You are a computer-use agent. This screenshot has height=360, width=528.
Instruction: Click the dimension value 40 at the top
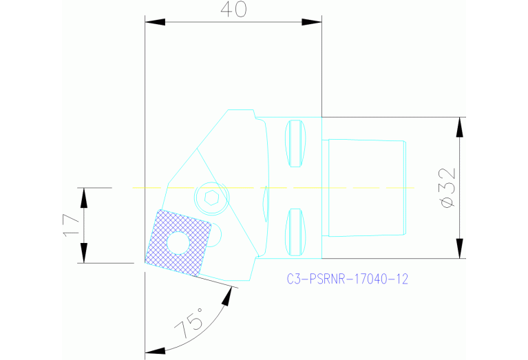(233, 10)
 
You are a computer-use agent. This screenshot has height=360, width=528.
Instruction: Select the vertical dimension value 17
(70, 224)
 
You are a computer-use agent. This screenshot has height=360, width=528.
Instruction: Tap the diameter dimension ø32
(447, 187)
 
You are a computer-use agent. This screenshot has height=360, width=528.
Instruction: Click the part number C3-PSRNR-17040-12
(348, 279)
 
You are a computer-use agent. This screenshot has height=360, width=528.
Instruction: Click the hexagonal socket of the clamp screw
(211, 198)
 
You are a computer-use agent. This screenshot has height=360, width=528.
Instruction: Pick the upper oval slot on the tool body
(295, 143)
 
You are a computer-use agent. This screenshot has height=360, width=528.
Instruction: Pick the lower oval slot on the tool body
(295, 231)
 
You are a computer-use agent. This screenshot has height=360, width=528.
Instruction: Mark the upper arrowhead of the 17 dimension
(83, 196)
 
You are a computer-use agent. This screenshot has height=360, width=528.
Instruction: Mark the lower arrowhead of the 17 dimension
(83, 254)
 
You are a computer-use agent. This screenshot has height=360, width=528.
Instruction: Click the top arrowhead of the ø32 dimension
(457, 126)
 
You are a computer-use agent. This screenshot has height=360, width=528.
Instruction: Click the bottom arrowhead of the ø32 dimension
(457, 250)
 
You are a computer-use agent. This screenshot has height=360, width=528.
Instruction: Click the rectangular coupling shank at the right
(366, 187)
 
